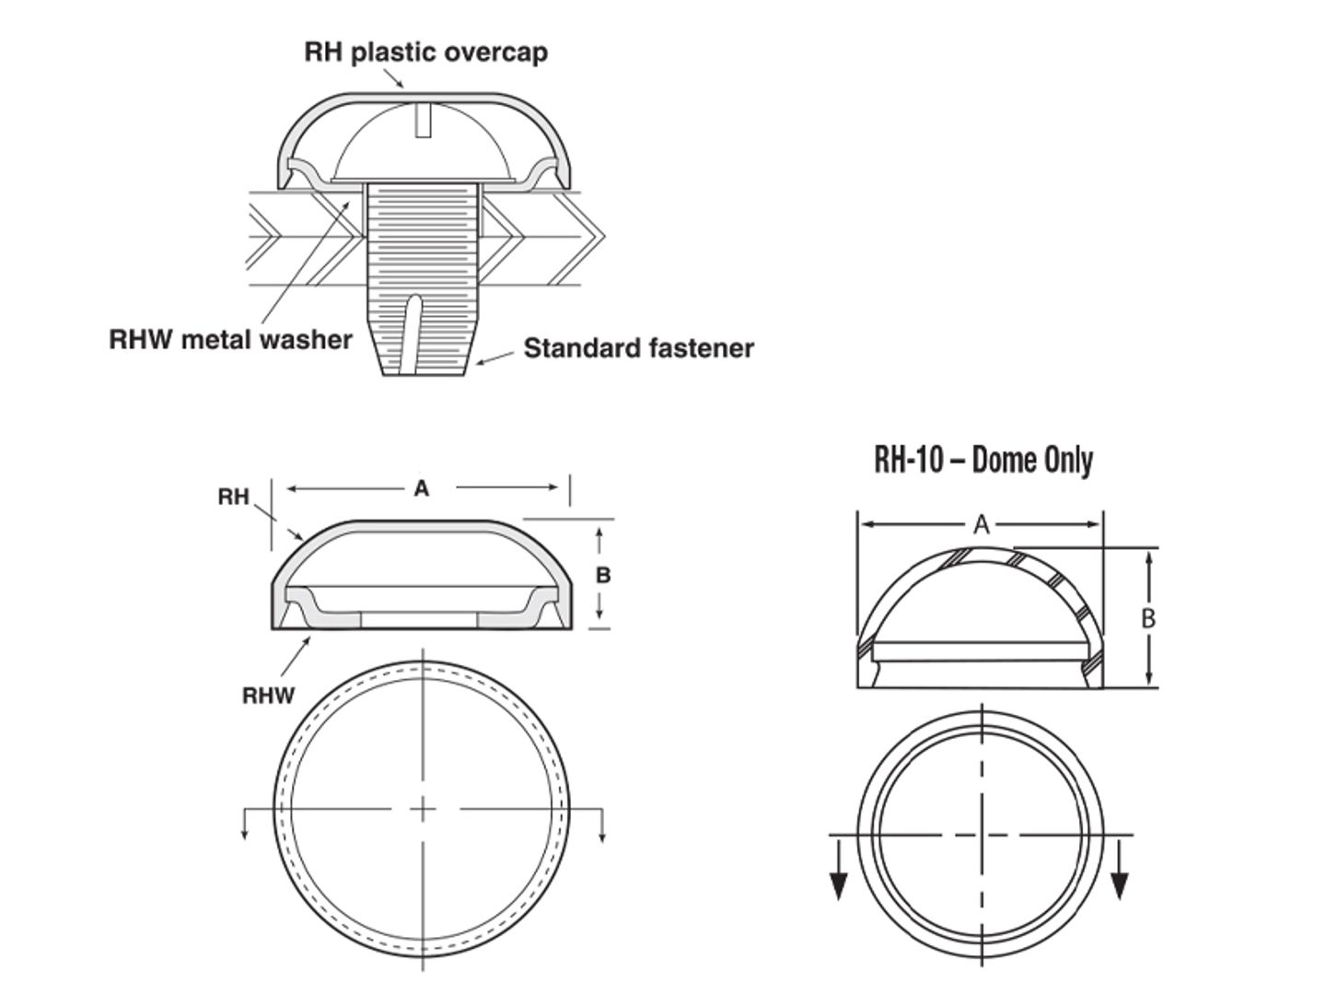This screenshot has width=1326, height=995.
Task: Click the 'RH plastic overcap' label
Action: (425, 52)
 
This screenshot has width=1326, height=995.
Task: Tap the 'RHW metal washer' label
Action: (230, 339)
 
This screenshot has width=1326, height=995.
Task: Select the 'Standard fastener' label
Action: (638, 348)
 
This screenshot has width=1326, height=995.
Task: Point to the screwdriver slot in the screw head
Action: (423, 121)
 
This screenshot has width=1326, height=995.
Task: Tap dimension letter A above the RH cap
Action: (421, 488)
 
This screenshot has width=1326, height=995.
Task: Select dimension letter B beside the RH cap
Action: (602, 576)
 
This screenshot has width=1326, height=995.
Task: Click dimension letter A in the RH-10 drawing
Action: (982, 525)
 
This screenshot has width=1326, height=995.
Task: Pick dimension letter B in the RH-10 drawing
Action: (1147, 618)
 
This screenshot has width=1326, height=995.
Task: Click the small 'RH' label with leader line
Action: (233, 497)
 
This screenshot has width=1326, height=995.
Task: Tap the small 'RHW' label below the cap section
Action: (268, 696)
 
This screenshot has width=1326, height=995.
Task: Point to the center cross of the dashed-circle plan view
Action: (423, 809)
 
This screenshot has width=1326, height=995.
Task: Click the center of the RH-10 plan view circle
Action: (982, 835)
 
